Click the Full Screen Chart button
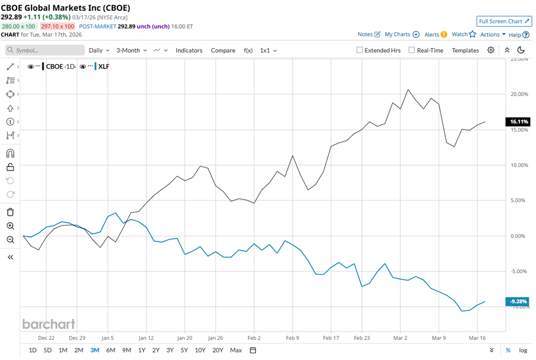(504, 21)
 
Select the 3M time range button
(94, 350)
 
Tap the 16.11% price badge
(517, 122)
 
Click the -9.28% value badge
(517, 302)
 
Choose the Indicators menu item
(189, 50)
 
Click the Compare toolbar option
(223, 50)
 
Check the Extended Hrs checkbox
(360, 50)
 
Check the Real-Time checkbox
(412, 50)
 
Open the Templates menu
(465, 50)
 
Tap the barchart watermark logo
(49, 324)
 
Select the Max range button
(235, 350)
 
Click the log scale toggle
(523, 350)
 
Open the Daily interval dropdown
(98, 50)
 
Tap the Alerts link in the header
(435, 34)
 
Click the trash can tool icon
(10, 212)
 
